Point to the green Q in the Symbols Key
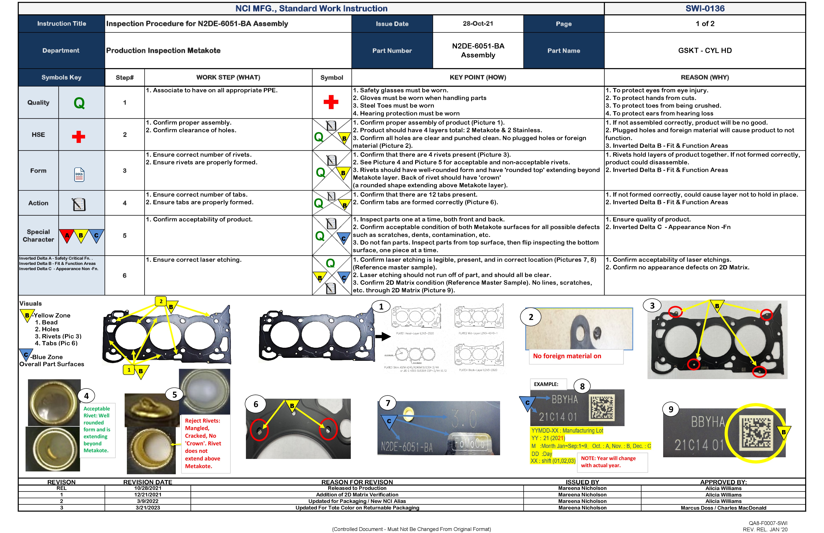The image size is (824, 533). [79, 103]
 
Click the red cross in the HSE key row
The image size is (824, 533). [79, 137]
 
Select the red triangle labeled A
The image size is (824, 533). [67, 236]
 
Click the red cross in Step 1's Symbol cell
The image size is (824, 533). [331, 102]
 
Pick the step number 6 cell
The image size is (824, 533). [125, 276]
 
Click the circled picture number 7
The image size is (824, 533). [388, 403]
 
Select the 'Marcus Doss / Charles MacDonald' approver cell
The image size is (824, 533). [723, 508]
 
